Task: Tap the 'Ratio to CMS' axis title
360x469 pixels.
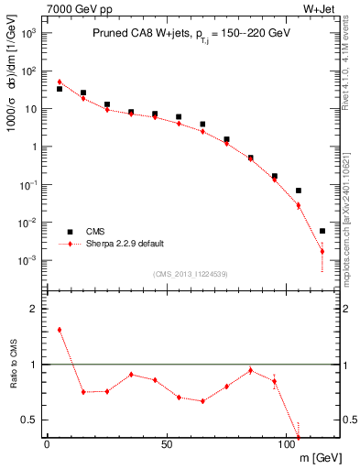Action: click(12, 365)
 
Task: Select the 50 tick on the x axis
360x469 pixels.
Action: click(167, 445)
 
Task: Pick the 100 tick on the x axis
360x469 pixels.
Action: click(287, 445)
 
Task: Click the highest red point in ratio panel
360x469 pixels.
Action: click(60, 330)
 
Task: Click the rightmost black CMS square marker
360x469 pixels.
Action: click(322, 231)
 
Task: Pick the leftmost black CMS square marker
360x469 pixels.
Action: click(60, 89)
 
